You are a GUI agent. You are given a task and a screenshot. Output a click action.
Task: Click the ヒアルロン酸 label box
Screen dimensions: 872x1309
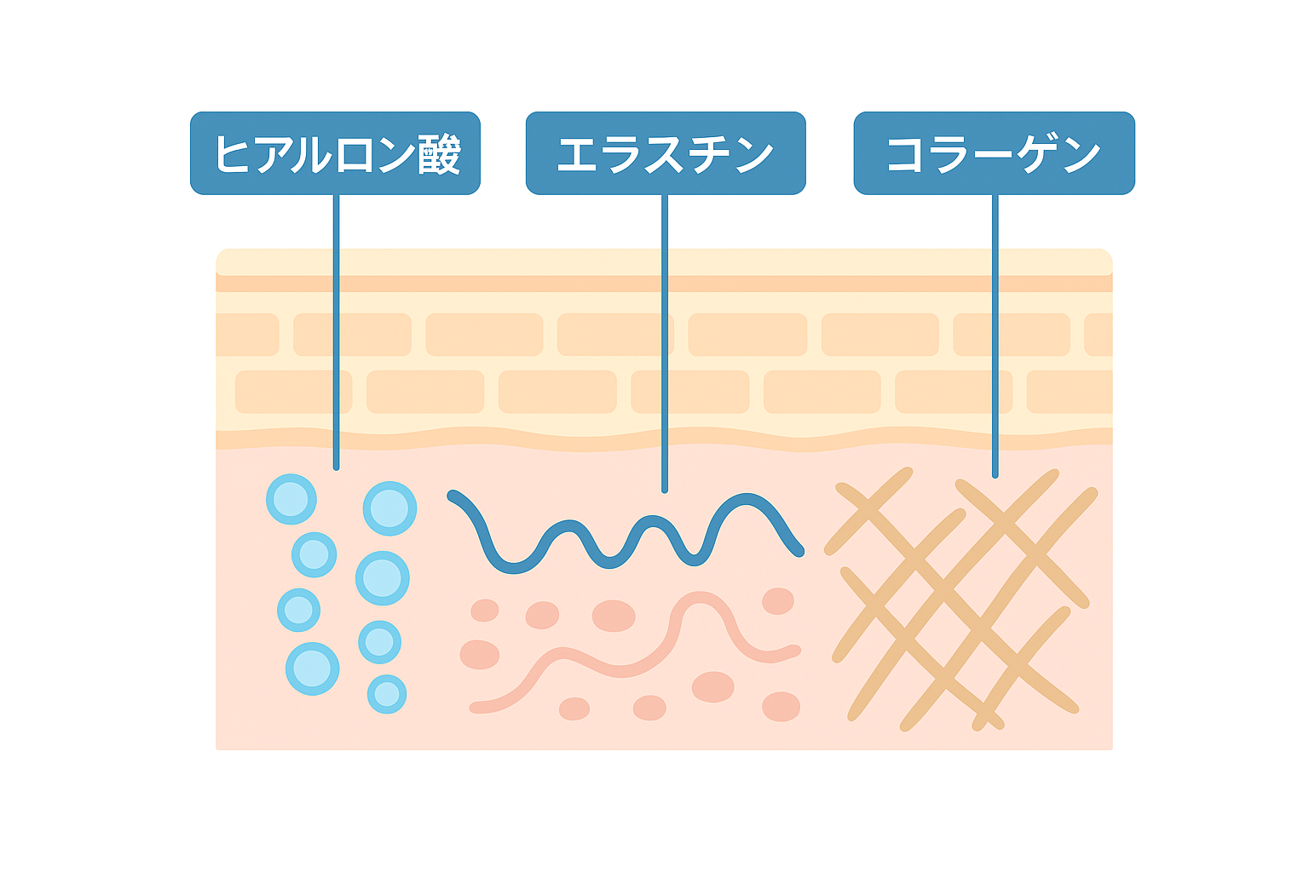tap(335, 153)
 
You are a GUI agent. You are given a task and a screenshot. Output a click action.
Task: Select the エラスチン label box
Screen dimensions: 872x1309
tap(665, 153)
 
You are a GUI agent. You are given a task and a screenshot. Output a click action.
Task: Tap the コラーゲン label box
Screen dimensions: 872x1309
tap(994, 153)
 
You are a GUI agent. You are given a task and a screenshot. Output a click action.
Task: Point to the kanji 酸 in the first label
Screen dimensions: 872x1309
tap(440, 154)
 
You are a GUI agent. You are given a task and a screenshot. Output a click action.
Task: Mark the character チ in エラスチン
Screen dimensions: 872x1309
tap(709, 155)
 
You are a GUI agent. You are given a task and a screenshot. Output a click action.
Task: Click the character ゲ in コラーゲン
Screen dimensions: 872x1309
tap(1037, 155)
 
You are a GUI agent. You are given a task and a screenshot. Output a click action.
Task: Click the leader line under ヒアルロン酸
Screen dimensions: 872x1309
tap(336, 332)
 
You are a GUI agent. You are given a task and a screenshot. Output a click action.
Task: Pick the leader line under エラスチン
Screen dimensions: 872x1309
tap(665, 341)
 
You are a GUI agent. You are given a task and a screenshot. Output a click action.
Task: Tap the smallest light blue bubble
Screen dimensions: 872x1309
tap(387, 694)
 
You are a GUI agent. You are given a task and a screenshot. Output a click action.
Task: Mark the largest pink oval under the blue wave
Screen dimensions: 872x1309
tap(614, 615)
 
